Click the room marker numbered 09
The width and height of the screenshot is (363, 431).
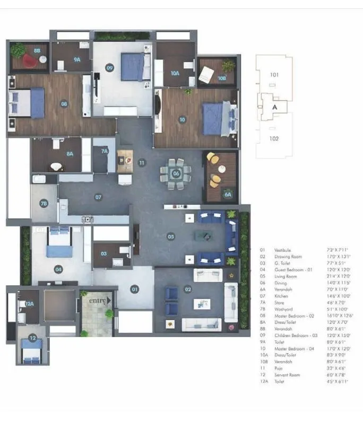pyautogui.click(x=110, y=67)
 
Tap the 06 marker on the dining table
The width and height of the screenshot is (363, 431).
pyautogui.click(x=176, y=173)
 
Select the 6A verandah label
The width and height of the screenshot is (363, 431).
pyautogui.click(x=228, y=195)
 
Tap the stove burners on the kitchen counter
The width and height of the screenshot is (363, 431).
pyautogui.click(x=88, y=219)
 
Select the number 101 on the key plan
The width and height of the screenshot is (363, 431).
pyautogui.click(x=274, y=75)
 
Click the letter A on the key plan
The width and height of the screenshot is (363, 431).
pyautogui.click(x=274, y=107)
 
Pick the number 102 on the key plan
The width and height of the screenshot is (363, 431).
pyautogui.click(x=274, y=138)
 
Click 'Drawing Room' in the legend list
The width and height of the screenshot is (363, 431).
pyautogui.click(x=288, y=257)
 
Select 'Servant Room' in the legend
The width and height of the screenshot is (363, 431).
pyautogui.click(x=287, y=375)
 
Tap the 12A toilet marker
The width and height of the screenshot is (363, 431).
pyautogui.click(x=29, y=304)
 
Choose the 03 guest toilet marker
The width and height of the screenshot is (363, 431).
pyautogui.click(x=104, y=253)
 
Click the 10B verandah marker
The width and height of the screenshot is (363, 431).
pyautogui.click(x=222, y=77)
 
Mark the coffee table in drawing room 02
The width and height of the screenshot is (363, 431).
pyautogui.click(x=201, y=304)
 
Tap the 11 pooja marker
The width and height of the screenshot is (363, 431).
pyautogui.click(x=141, y=163)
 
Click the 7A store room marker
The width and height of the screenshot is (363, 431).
pyautogui.click(x=105, y=151)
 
